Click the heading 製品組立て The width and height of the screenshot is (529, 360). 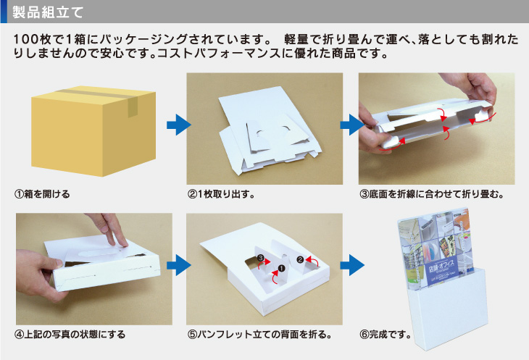click(48, 12)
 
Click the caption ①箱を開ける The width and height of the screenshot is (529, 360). click(42, 194)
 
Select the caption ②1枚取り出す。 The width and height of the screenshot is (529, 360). click(221, 194)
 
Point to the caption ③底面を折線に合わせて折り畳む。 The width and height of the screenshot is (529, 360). click(432, 194)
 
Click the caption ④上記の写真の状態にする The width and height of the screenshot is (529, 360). click(70, 335)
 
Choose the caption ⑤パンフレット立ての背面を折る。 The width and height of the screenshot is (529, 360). click(259, 335)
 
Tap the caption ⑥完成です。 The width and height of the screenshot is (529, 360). click(386, 335)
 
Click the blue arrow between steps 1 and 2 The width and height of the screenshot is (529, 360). click(179, 125)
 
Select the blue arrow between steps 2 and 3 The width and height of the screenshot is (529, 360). click(352, 125)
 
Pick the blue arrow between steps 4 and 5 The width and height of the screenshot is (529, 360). click(179, 265)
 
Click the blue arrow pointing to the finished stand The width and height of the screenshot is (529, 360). click(352, 265)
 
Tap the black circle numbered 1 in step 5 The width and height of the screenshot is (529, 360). click(281, 268)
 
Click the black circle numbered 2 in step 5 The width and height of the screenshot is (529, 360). click(300, 259)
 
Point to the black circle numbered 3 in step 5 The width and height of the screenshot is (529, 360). click(261, 258)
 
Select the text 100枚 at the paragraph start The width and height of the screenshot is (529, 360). click(32, 39)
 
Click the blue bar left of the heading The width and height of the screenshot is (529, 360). click(4, 12)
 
